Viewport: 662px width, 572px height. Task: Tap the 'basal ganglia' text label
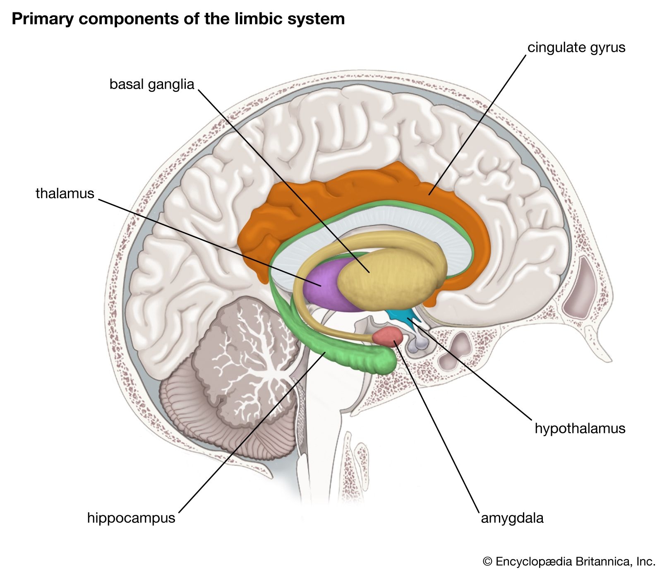pos(151,84)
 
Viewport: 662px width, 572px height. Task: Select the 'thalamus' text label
pos(65,193)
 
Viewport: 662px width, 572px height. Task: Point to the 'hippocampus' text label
pos(131,518)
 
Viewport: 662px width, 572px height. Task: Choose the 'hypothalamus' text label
pos(580,428)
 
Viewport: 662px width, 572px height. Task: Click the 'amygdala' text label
pos(512,518)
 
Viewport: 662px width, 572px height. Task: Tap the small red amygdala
pos(387,336)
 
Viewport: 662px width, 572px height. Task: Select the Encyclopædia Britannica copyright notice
pos(569,561)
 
